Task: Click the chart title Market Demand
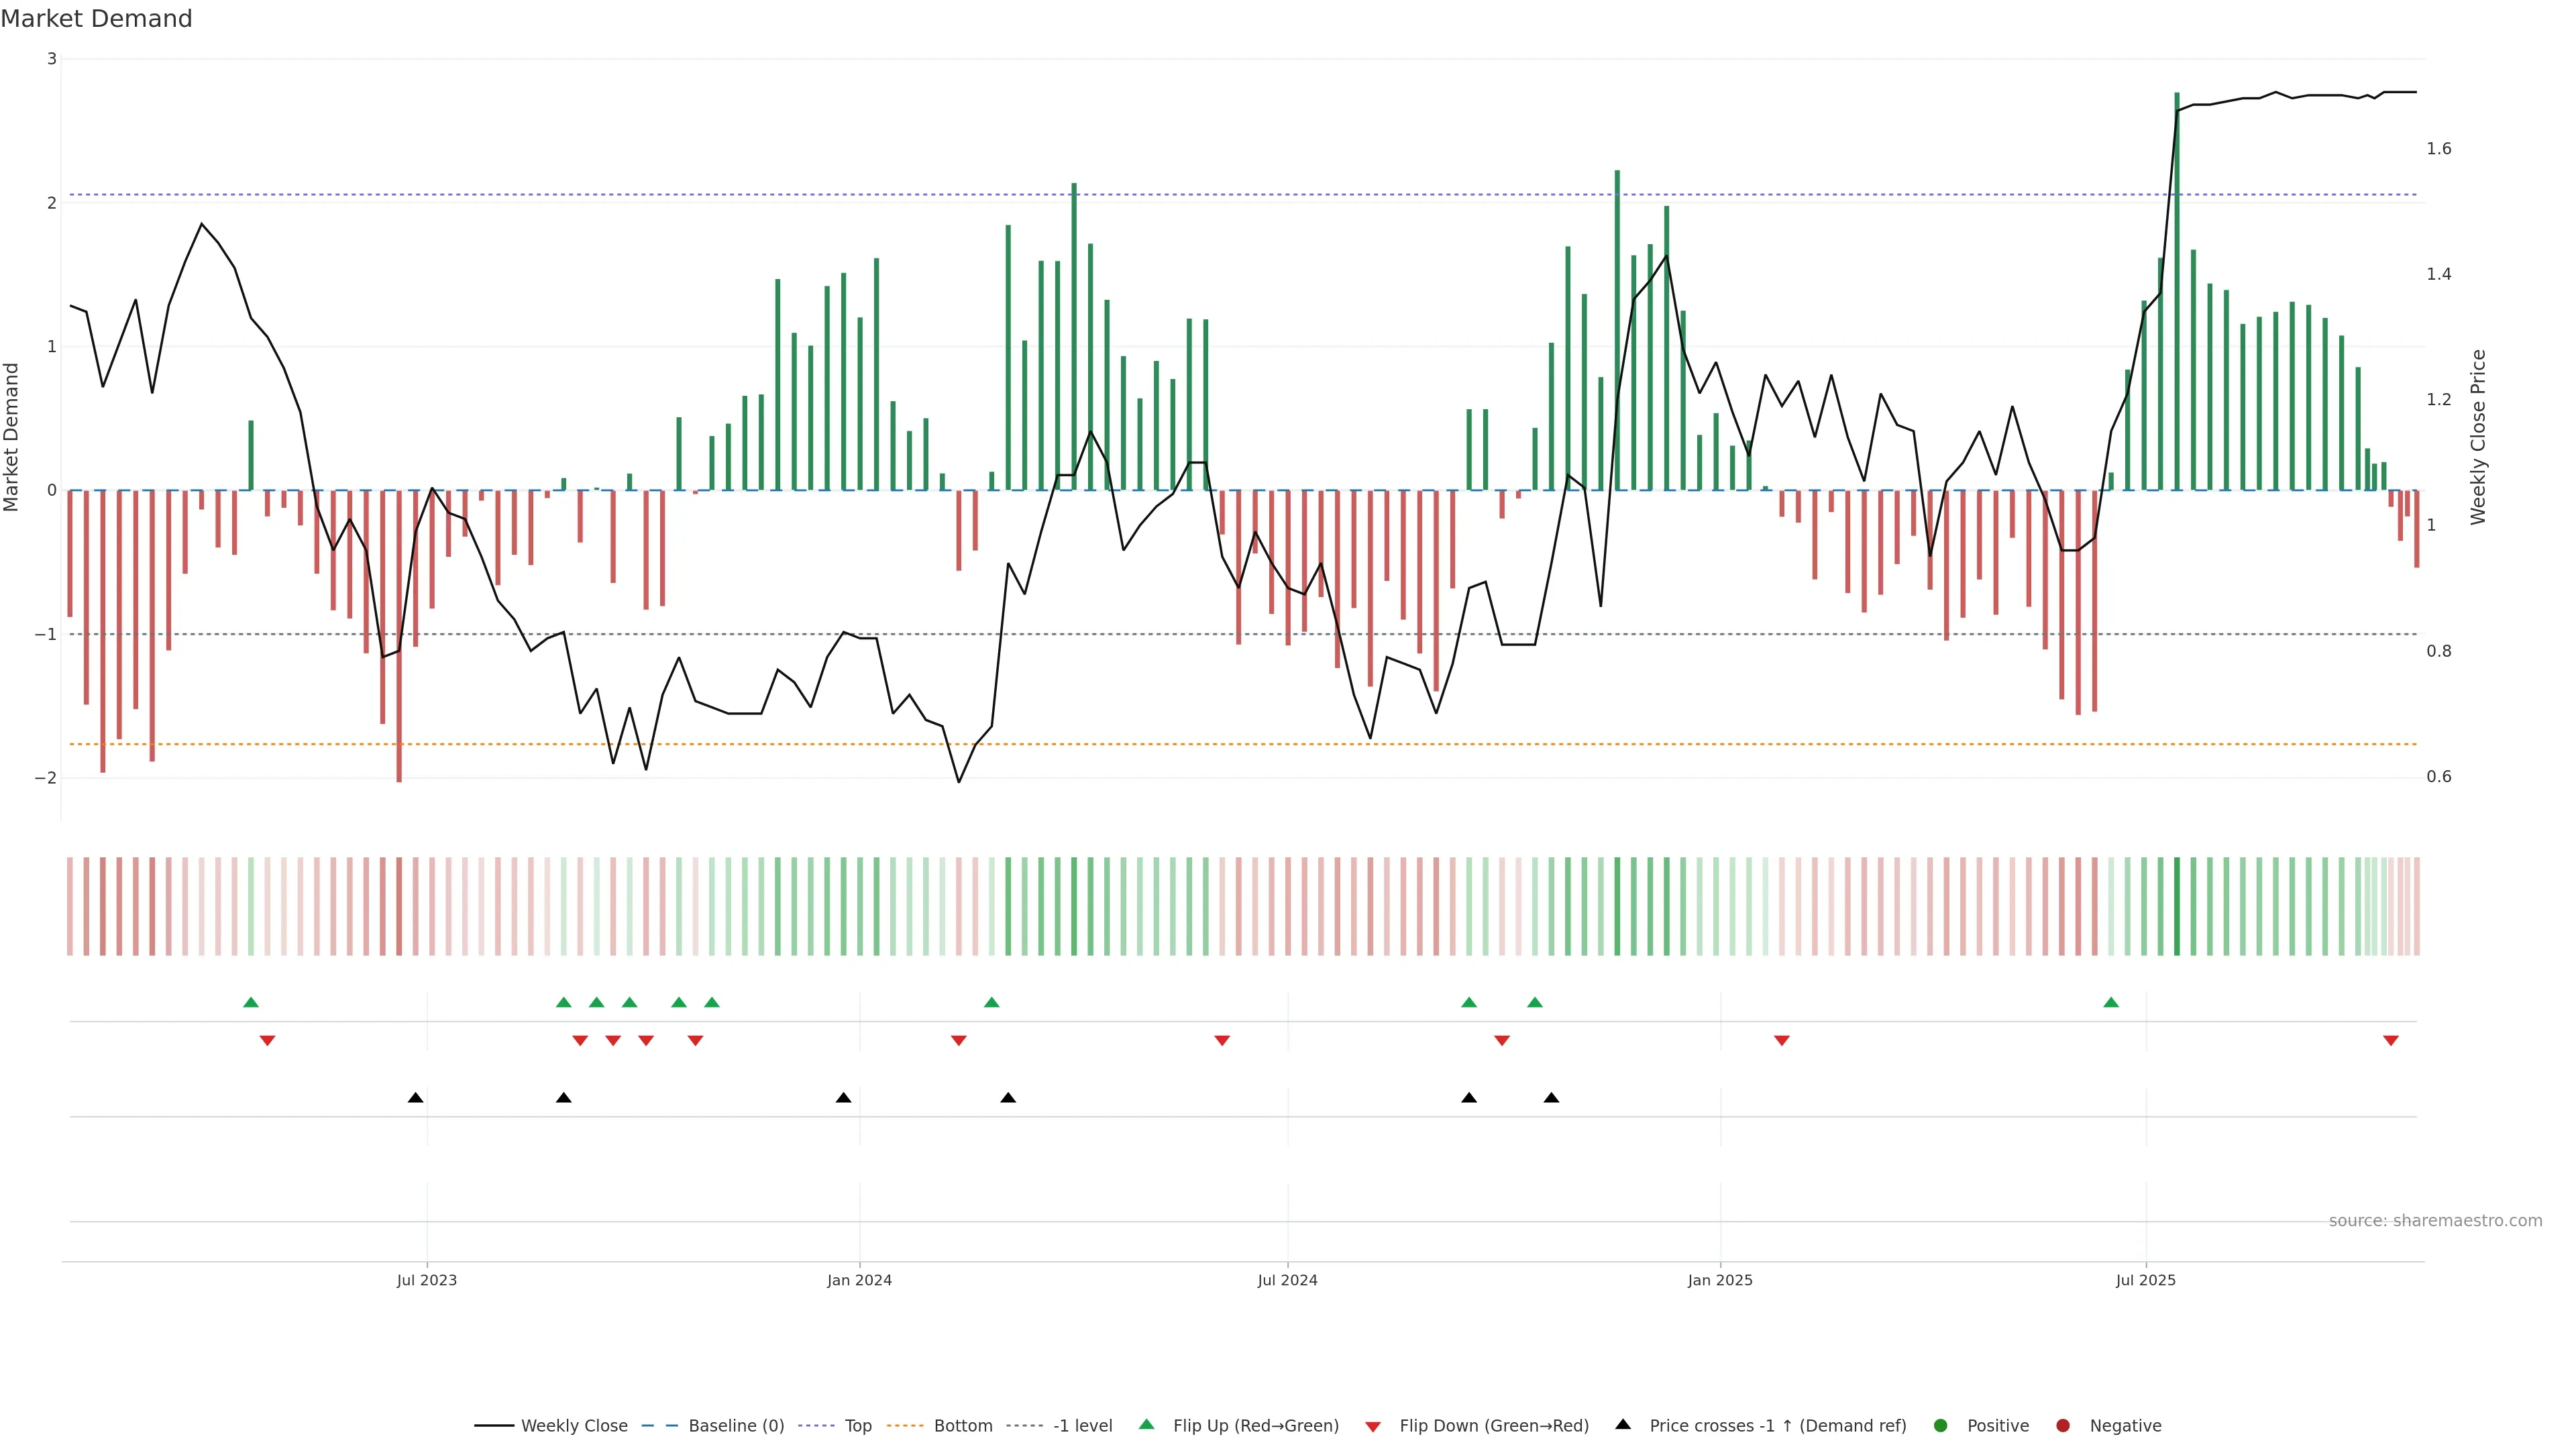pyautogui.click(x=96, y=19)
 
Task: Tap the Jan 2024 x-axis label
pyautogui.click(x=859, y=1280)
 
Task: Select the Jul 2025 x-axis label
pyautogui.click(x=2145, y=1280)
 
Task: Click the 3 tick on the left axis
pyautogui.click(x=52, y=59)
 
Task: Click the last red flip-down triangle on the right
pyautogui.click(x=2390, y=1041)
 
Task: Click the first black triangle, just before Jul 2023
pyautogui.click(x=415, y=1098)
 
